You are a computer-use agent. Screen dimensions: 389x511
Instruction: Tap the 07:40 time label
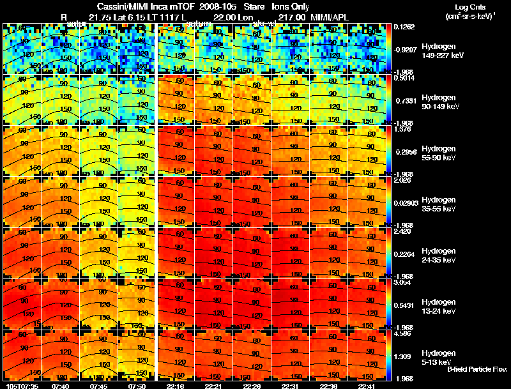click(x=61, y=385)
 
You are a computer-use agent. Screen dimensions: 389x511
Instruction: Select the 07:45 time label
click(x=99, y=385)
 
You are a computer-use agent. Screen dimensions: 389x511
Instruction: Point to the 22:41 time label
click(x=367, y=385)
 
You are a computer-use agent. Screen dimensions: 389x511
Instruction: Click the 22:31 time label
click(x=291, y=385)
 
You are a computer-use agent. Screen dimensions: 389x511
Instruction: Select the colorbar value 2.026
click(x=403, y=181)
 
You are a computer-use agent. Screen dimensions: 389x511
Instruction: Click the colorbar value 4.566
click(x=403, y=334)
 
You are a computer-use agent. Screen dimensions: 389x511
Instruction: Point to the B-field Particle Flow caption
click(x=477, y=370)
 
